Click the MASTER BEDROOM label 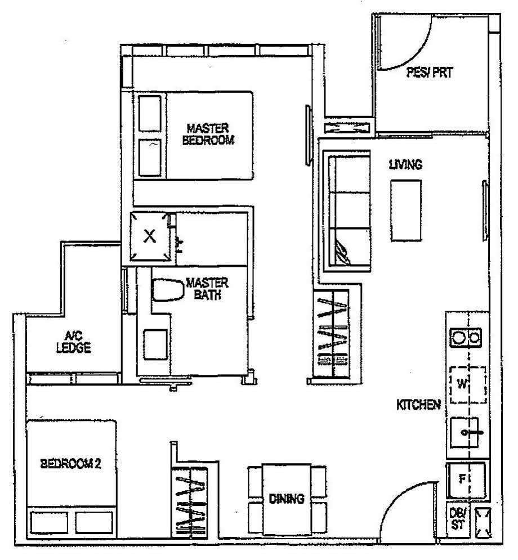(208, 135)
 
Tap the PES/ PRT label (430, 73)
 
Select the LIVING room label (405, 165)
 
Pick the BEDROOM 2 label (70, 464)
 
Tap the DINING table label (286, 499)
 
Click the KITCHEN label (418, 405)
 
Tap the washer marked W (467, 385)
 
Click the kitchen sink (467, 433)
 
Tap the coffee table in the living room (406, 210)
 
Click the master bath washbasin (155, 344)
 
